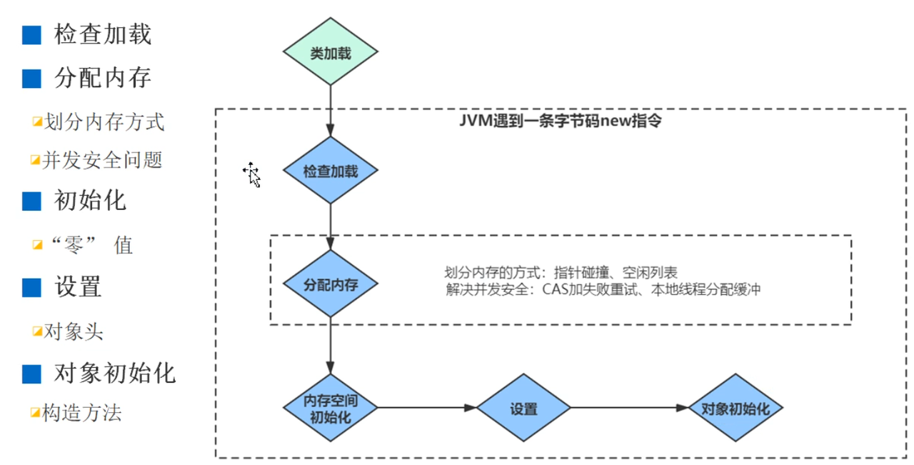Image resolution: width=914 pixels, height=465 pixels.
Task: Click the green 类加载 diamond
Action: (331, 51)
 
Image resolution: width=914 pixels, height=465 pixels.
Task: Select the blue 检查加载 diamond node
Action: (331, 170)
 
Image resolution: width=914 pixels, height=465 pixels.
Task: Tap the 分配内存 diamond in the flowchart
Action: (331, 284)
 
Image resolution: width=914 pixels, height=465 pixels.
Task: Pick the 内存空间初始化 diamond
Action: (331, 408)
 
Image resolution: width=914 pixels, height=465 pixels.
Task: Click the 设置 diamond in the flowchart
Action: (523, 408)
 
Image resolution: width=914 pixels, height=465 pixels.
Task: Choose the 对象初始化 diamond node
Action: (735, 408)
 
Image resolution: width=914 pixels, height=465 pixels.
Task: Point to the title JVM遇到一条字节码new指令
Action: (561, 121)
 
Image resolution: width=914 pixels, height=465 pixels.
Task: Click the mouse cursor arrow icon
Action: (252, 175)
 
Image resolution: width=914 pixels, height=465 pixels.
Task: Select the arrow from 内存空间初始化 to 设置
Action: (427, 407)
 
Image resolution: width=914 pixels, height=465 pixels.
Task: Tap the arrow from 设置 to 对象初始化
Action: (630, 407)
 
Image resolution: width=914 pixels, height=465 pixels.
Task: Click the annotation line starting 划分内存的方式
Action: (561, 272)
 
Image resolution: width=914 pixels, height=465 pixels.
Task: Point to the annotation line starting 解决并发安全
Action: (603, 289)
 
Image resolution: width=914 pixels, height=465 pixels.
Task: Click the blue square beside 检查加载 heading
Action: (31, 35)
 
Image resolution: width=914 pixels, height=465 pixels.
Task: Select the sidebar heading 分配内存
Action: (102, 78)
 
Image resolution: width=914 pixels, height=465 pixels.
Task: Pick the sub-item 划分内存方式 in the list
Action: (104, 121)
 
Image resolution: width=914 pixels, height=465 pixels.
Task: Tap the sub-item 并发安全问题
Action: (102, 159)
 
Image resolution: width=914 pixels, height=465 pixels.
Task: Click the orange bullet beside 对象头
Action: (37, 331)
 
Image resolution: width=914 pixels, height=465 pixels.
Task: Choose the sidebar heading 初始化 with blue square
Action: (90, 201)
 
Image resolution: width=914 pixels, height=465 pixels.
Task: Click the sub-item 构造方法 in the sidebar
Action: (82, 412)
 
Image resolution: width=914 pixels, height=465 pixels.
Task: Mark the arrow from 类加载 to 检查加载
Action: (331, 111)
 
